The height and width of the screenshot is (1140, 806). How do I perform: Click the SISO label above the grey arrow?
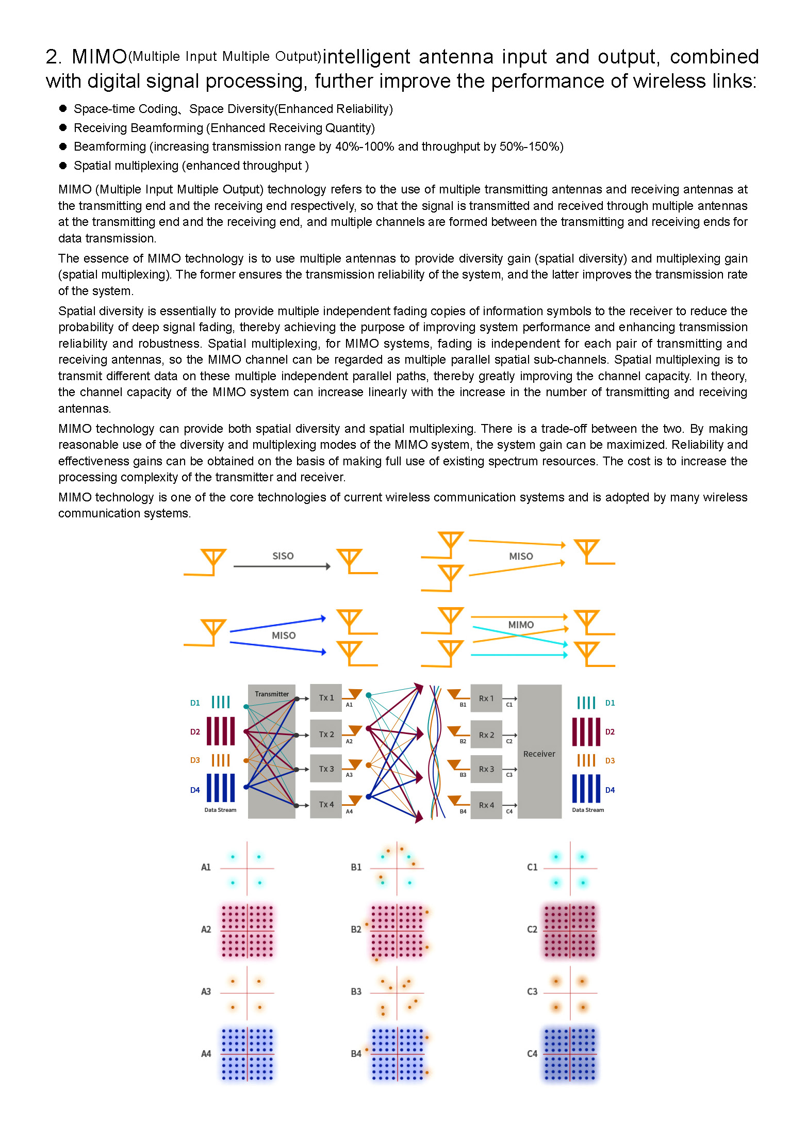[x=283, y=556]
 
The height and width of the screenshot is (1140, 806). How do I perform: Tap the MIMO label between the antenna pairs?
[x=521, y=625]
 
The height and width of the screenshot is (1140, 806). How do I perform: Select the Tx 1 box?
[x=326, y=698]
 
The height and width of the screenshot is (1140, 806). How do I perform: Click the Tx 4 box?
[x=326, y=804]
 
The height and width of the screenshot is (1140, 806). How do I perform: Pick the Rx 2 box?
[x=486, y=735]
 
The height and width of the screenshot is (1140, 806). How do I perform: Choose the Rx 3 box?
[x=486, y=769]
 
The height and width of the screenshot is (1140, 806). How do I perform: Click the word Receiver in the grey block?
[x=539, y=754]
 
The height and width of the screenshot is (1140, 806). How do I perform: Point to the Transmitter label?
[x=272, y=694]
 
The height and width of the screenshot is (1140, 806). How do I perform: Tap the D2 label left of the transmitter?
[x=195, y=731]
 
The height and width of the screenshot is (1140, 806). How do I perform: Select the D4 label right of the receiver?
[x=610, y=790]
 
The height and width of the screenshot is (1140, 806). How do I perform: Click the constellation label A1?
[x=206, y=867]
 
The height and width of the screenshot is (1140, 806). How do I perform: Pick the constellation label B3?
[x=356, y=991]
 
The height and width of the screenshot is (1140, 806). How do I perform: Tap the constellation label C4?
[x=532, y=1054]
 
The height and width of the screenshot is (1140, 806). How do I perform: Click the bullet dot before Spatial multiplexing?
[x=63, y=166]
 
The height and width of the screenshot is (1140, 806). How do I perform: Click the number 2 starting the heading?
[x=52, y=57]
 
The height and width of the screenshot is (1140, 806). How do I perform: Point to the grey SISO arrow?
[x=282, y=566]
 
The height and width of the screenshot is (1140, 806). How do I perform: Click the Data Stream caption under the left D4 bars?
[x=220, y=810]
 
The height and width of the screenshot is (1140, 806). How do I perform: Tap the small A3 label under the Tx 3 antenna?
[x=349, y=775]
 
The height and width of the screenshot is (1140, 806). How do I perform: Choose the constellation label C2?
[x=532, y=929]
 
